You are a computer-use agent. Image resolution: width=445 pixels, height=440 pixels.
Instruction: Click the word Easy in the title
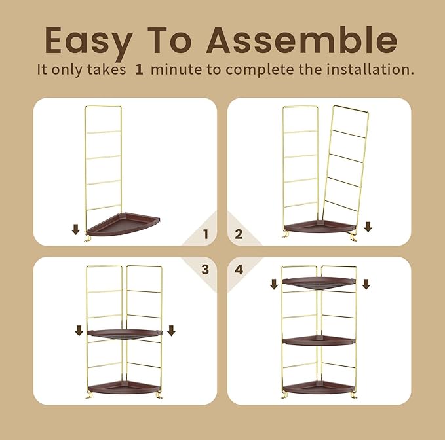[89, 41]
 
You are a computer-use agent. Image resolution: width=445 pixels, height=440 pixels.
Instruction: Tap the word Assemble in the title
[301, 40]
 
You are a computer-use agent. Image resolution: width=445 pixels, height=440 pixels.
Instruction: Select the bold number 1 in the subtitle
[139, 69]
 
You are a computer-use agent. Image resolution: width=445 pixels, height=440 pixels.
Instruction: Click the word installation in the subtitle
[367, 69]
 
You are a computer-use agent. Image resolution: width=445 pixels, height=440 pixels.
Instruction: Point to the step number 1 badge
[206, 234]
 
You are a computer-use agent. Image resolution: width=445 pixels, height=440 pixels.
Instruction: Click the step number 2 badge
[239, 234]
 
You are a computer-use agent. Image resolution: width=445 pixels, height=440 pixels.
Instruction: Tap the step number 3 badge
[205, 269]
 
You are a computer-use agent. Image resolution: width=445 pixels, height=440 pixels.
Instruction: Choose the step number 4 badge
[239, 269]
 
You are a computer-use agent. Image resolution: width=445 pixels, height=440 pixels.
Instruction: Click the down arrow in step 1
[76, 229]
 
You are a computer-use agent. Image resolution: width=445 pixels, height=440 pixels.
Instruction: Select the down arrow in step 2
[368, 227]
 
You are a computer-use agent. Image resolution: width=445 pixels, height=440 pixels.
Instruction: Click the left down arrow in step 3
[79, 331]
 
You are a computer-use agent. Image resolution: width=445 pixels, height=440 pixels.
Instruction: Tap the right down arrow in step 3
[171, 331]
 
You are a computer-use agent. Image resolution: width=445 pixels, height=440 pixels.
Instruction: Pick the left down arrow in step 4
[274, 284]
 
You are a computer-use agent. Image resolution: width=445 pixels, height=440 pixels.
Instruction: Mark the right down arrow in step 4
[366, 284]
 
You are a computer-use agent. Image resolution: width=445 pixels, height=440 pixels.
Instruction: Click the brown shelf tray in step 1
[123, 225]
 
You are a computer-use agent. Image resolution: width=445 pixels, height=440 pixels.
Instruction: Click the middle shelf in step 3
[125, 334]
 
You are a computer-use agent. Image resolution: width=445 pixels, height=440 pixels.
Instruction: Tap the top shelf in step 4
[319, 283]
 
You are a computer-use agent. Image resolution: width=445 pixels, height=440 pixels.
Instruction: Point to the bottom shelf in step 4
[319, 387]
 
